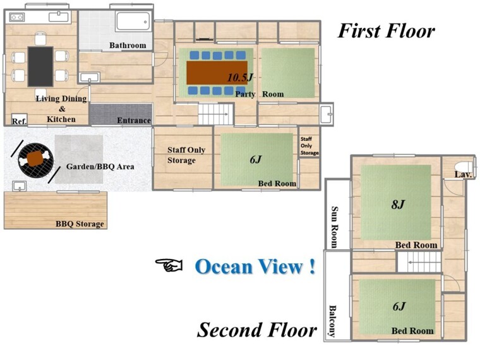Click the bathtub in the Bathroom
tap(133, 21)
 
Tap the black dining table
tap(40, 66)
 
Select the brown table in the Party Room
tap(217, 73)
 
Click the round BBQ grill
tap(36, 159)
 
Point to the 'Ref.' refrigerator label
tap(19, 121)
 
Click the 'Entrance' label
tap(134, 120)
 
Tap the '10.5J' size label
tap(240, 78)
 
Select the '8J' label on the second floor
tap(398, 204)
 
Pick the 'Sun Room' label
tap(335, 227)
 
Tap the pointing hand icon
tap(169, 265)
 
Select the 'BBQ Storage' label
tap(80, 224)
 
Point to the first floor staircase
tap(216, 114)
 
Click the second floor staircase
tap(419, 262)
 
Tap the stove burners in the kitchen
tap(17, 17)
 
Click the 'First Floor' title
tap(386, 31)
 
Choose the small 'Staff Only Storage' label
tap(309, 146)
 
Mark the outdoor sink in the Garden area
tap(20, 186)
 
